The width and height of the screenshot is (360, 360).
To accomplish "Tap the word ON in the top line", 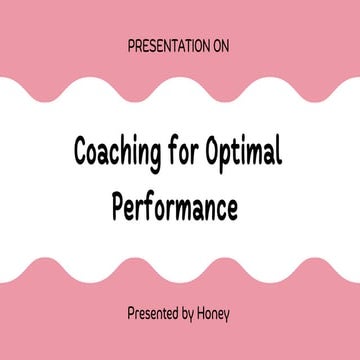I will coord(223,46).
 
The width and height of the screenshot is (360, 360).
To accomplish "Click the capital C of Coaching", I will coord(83,150).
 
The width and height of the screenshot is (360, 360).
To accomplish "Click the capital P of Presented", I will coord(131,312).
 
